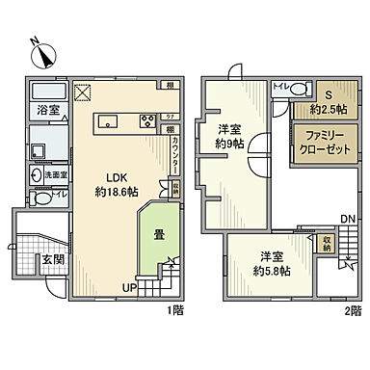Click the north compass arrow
point(37,43)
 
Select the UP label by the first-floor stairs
point(128,286)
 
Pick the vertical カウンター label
point(174,156)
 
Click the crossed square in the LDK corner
point(83,94)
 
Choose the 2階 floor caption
point(354,309)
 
